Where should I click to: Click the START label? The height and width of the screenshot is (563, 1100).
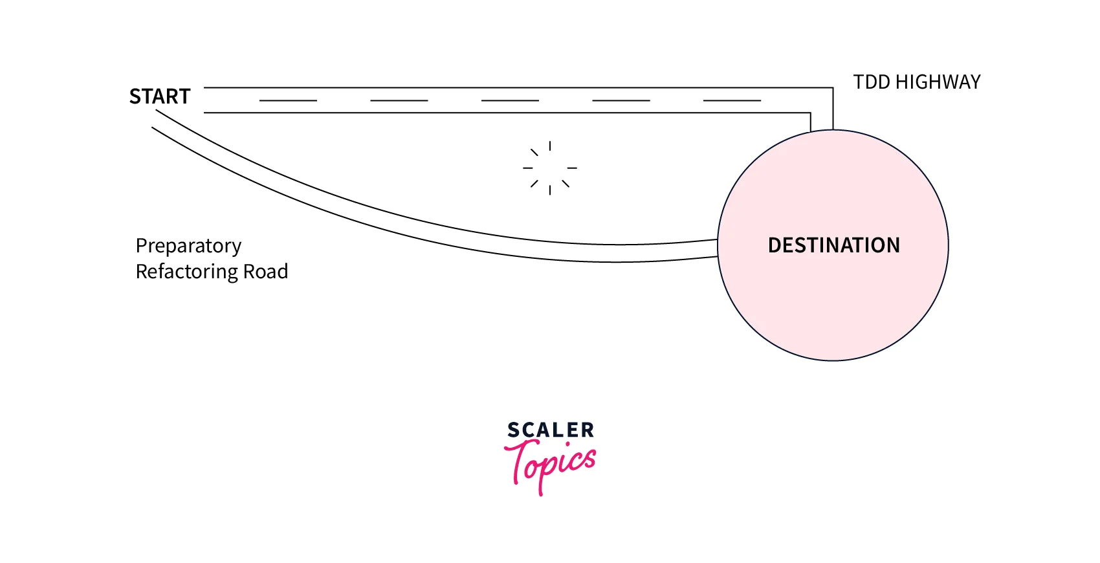(x=160, y=96)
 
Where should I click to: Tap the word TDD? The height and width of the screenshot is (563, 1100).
(x=872, y=82)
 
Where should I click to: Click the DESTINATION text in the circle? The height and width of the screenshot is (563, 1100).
(x=833, y=245)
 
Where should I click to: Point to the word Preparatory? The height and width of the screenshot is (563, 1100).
(x=188, y=246)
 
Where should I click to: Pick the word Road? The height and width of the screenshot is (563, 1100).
(x=265, y=272)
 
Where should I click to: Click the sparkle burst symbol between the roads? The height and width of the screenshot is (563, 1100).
(x=550, y=168)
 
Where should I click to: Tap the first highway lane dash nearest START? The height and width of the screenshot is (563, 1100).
(x=288, y=100)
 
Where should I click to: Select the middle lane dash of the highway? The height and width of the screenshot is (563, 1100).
(x=510, y=100)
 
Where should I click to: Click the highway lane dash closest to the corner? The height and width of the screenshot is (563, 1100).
(x=732, y=100)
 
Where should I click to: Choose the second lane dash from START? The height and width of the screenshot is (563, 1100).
(x=399, y=100)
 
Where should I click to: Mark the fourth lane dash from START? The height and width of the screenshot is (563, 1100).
(x=621, y=100)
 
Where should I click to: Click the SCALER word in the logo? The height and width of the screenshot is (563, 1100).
(x=550, y=430)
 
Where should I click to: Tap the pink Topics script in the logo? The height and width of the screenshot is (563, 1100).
(x=550, y=463)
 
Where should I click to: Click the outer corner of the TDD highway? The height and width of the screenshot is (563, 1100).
(x=832, y=88)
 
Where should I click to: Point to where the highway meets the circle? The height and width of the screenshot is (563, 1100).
(x=822, y=130)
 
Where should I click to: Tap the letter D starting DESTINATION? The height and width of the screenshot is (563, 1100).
(x=775, y=245)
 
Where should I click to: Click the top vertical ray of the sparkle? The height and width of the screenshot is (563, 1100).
(x=550, y=146)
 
